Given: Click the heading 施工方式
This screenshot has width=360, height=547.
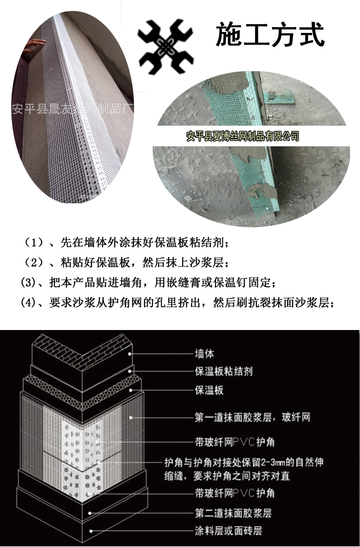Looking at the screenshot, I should click(x=270, y=35).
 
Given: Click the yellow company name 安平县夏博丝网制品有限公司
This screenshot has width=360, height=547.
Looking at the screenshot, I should click(x=243, y=135).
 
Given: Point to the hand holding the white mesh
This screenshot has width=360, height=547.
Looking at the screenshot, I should click(x=36, y=44).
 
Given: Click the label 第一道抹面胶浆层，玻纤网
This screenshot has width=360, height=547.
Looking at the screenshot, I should click(x=252, y=417).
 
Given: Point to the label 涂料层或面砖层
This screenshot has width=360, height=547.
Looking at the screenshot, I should click(x=228, y=531).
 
